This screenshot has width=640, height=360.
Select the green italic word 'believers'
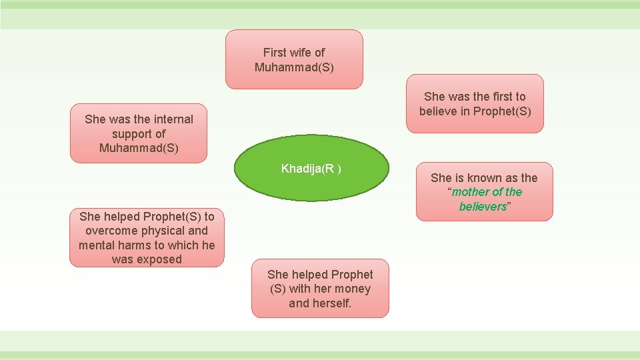click(483, 207)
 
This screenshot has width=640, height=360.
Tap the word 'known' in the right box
click(486, 177)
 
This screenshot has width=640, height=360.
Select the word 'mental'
click(97, 245)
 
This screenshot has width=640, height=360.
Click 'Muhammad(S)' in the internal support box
click(139, 148)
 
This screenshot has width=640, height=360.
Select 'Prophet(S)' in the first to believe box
click(501, 111)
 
